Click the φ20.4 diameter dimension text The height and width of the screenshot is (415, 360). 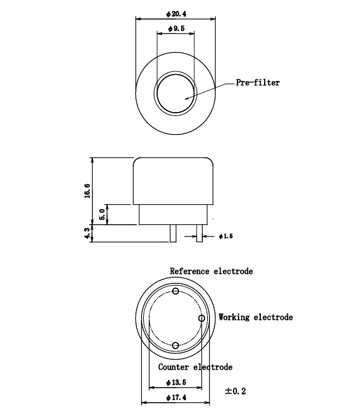(176, 13)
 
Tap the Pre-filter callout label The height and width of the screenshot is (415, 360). (258, 83)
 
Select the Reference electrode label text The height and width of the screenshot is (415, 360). (211, 272)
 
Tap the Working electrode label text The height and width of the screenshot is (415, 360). (255, 317)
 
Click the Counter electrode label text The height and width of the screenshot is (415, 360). (195, 367)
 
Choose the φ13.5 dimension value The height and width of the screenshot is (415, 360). (176, 383)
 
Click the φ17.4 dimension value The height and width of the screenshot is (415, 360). (176, 397)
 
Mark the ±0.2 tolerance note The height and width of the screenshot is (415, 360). (235, 391)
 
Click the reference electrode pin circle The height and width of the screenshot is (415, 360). (176, 291)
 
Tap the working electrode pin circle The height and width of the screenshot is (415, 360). (202, 318)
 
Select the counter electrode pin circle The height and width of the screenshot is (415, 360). (176, 346)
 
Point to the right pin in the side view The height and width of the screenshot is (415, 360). (198, 233)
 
